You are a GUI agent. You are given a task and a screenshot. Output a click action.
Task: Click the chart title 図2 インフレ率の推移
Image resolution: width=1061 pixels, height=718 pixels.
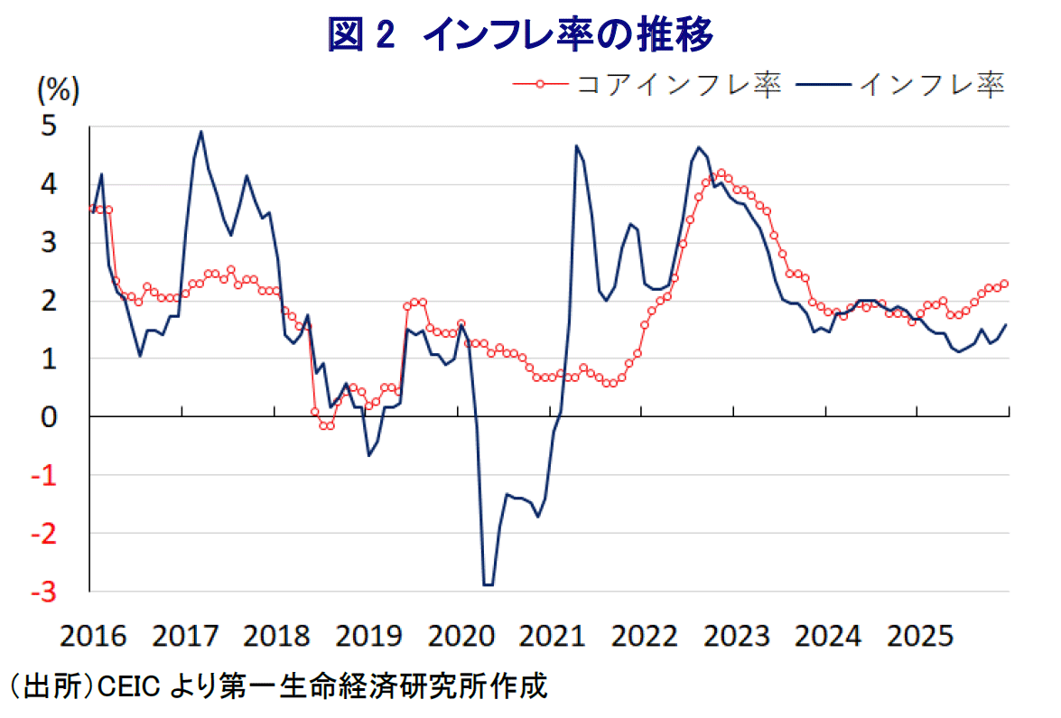[522, 36]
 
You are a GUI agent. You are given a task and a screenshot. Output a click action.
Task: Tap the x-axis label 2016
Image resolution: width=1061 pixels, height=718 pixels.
[92, 636]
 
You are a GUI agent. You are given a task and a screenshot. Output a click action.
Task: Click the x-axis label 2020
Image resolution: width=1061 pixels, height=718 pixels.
[461, 636]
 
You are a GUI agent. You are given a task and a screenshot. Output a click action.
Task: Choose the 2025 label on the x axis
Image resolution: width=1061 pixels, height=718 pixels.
[919, 636]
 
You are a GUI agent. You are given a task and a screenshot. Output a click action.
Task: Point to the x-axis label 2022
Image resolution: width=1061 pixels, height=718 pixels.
[644, 636]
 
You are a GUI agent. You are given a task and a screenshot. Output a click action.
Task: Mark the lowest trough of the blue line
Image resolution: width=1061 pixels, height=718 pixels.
[489, 585]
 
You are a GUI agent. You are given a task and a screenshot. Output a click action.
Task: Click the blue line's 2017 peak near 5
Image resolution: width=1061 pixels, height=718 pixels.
[200, 132]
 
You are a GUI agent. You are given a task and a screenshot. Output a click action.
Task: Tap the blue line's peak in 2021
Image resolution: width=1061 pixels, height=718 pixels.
[575, 146]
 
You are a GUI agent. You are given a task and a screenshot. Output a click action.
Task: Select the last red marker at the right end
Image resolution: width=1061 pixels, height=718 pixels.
[1005, 284]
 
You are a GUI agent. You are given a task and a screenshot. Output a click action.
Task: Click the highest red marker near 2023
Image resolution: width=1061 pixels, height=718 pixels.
[721, 173]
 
